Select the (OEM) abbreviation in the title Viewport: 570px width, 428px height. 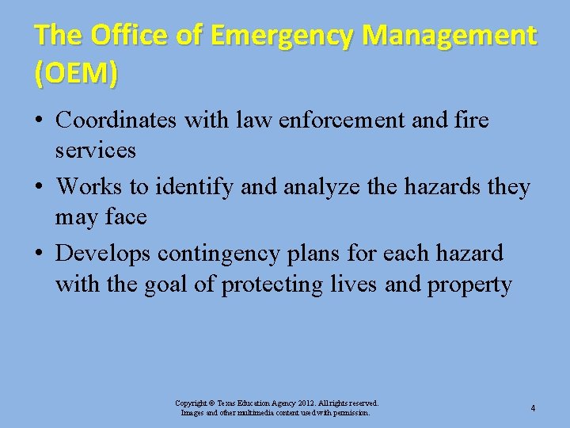tap(77, 73)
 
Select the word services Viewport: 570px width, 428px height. tap(96, 150)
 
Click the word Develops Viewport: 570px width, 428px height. tap(103, 254)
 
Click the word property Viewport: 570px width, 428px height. tap(469, 284)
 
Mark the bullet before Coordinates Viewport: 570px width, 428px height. tap(39, 121)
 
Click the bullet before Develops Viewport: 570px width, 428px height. tap(39, 254)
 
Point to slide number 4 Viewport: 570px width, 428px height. tap(533, 408)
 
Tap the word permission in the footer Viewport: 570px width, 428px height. tap(348, 413)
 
